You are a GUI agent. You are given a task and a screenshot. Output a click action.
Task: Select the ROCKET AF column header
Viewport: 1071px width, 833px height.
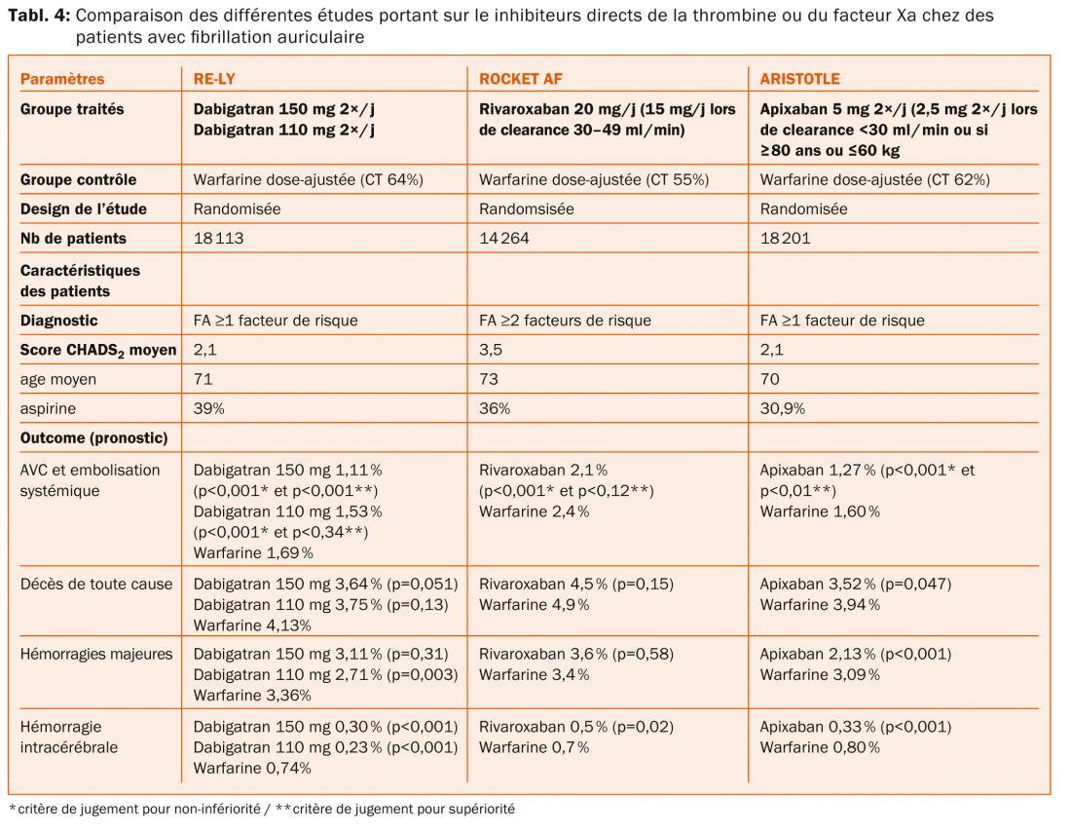[521, 79]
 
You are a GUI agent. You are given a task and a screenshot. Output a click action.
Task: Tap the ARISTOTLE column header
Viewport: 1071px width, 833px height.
[799, 79]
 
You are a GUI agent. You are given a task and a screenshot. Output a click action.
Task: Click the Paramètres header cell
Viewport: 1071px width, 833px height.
[62, 79]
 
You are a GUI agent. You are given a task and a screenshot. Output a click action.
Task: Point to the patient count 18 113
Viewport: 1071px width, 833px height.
[218, 238]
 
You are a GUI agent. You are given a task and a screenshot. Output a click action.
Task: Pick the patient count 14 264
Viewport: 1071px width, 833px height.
[503, 238]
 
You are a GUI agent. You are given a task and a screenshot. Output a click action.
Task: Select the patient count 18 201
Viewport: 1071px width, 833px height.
[785, 238]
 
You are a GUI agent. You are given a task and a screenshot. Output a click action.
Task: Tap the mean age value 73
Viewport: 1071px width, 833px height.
[488, 379]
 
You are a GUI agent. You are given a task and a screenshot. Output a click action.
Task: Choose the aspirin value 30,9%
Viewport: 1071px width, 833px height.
[782, 409]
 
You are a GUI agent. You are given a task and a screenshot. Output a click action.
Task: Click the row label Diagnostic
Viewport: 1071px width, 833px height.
[59, 320]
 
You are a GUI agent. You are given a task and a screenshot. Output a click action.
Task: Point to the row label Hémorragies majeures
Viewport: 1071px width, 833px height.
[96, 654]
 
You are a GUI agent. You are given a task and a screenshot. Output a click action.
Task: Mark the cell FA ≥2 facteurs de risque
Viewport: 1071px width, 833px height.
[565, 320]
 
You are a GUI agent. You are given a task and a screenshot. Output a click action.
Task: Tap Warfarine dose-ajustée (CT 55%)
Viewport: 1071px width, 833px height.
[594, 179]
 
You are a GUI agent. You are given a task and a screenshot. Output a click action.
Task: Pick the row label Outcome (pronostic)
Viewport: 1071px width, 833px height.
[94, 438]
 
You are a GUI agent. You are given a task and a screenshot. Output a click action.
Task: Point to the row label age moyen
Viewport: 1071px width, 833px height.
[58, 379]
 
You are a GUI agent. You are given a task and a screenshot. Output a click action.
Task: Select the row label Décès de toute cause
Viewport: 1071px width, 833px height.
[96, 584]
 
